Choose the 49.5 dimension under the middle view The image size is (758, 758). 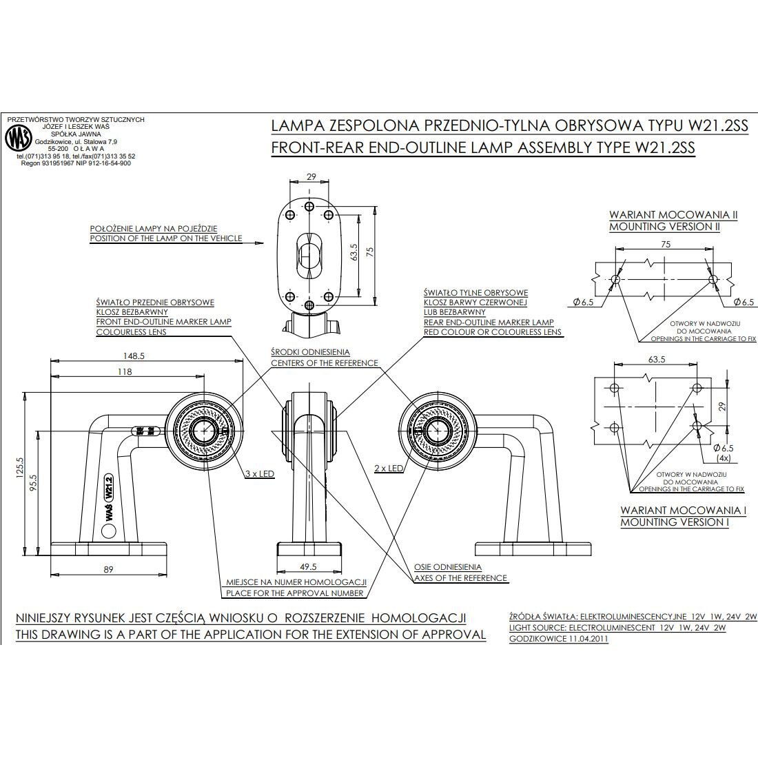pyautogui.click(x=308, y=567)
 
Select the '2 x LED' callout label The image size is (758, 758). pyautogui.click(x=389, y=468)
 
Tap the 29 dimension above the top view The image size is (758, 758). pyautogui.click(x=311, y=177)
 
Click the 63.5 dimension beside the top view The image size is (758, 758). pyautogui.click(x=353, y=254)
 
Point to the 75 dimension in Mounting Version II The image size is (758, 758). pyautogui.click(x=666, y=243)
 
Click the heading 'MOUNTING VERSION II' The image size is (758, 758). pyautogui.click(x=664, y=226)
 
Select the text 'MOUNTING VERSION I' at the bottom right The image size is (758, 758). pyautogui.click(x=675, y=522)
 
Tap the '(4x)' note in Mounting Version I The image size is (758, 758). pyautogui.click(x=723, y=458)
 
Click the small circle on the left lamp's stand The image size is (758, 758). pyautogui.click(x=108, y=531)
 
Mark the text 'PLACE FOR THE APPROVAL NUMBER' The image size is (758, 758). pyautogui.click(x=294, y=593)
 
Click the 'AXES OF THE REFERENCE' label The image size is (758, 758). pyautogui.click(x=460, y=578)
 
